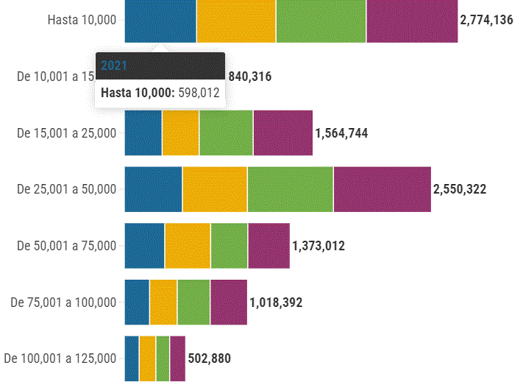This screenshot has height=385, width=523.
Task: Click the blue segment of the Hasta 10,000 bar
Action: click(160, 21)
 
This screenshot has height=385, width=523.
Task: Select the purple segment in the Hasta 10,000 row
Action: click(412, 21)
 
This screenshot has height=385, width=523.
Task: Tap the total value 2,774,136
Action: click(486, 21)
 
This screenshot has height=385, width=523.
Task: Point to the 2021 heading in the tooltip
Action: click(114, 66)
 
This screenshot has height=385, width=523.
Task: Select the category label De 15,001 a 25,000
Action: click(67, 133)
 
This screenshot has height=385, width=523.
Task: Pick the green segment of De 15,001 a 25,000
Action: click(226, 133)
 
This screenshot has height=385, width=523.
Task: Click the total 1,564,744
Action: click(341, 133)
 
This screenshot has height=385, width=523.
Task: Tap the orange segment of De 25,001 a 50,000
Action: click(215, 189)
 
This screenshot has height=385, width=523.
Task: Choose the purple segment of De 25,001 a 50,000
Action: click(382, 189)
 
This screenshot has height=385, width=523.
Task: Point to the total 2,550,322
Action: click(460, 189)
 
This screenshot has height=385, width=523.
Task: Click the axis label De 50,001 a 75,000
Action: click(67, 246)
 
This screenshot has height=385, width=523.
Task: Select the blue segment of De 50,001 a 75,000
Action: click(144, 245)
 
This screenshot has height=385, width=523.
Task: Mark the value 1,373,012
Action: click(319, 246)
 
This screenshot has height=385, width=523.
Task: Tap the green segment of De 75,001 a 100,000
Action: click(193, 302)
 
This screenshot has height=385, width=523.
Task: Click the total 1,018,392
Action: click(276, 302)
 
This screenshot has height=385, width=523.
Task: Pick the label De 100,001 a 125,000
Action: click(60, 358)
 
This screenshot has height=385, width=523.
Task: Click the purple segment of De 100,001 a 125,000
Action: click(177, 358)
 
